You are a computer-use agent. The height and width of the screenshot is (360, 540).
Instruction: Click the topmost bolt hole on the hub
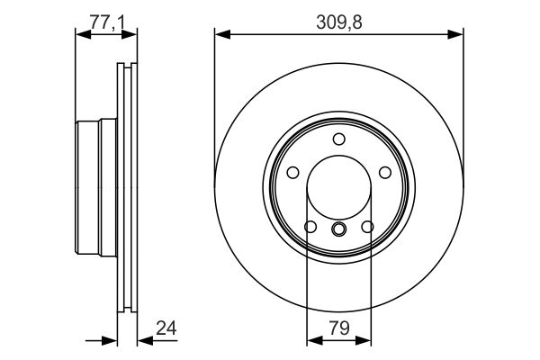pos(338,139)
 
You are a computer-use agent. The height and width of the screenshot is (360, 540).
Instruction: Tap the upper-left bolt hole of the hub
pos(293,173)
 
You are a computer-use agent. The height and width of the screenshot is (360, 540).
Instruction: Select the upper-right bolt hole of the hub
pos(384,173)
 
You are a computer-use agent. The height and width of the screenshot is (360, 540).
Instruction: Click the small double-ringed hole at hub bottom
pos(338,229)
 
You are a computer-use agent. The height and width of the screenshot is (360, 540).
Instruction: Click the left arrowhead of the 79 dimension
pos(313,340)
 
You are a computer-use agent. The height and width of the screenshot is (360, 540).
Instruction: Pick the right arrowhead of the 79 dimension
pos(364,340)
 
